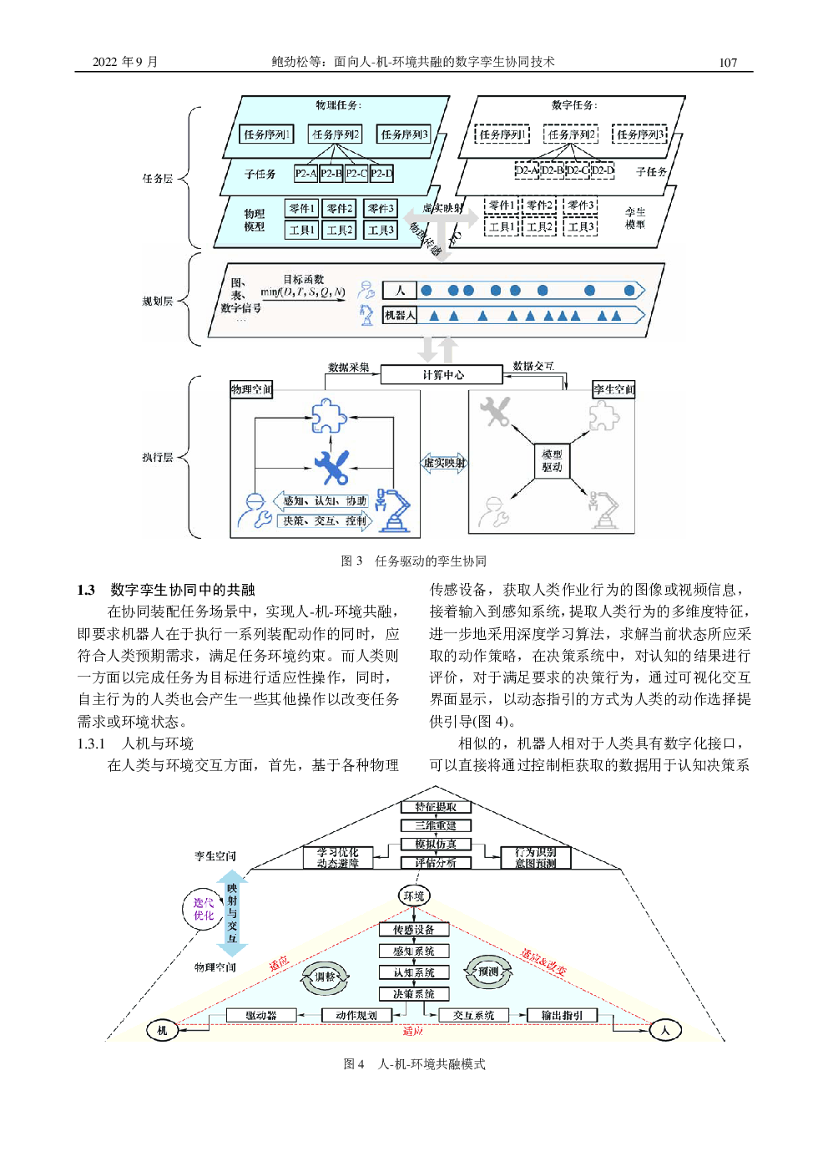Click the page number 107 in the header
coord(728,63)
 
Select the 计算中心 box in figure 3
coord(442,375)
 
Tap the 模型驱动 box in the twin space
coord(552,461)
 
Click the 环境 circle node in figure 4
coord(414,896)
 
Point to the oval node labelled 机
coord(162,1030)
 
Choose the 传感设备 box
coord(414,930)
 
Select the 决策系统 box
coord(414,994)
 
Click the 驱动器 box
coord(261,1016)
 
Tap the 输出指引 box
coord(562,1016)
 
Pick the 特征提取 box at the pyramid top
coord(436,807)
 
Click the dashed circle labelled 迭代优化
coord(204,909)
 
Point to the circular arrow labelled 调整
coord(325,977)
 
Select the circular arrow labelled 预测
coord(488,972)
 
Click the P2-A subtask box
coord(305,174)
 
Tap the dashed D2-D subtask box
coord(603,170)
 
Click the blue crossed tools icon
coord(331,467)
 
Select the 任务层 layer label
coord(157,179)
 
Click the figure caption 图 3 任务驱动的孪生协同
coord(413,561)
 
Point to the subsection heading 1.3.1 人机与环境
coord(135,743)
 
